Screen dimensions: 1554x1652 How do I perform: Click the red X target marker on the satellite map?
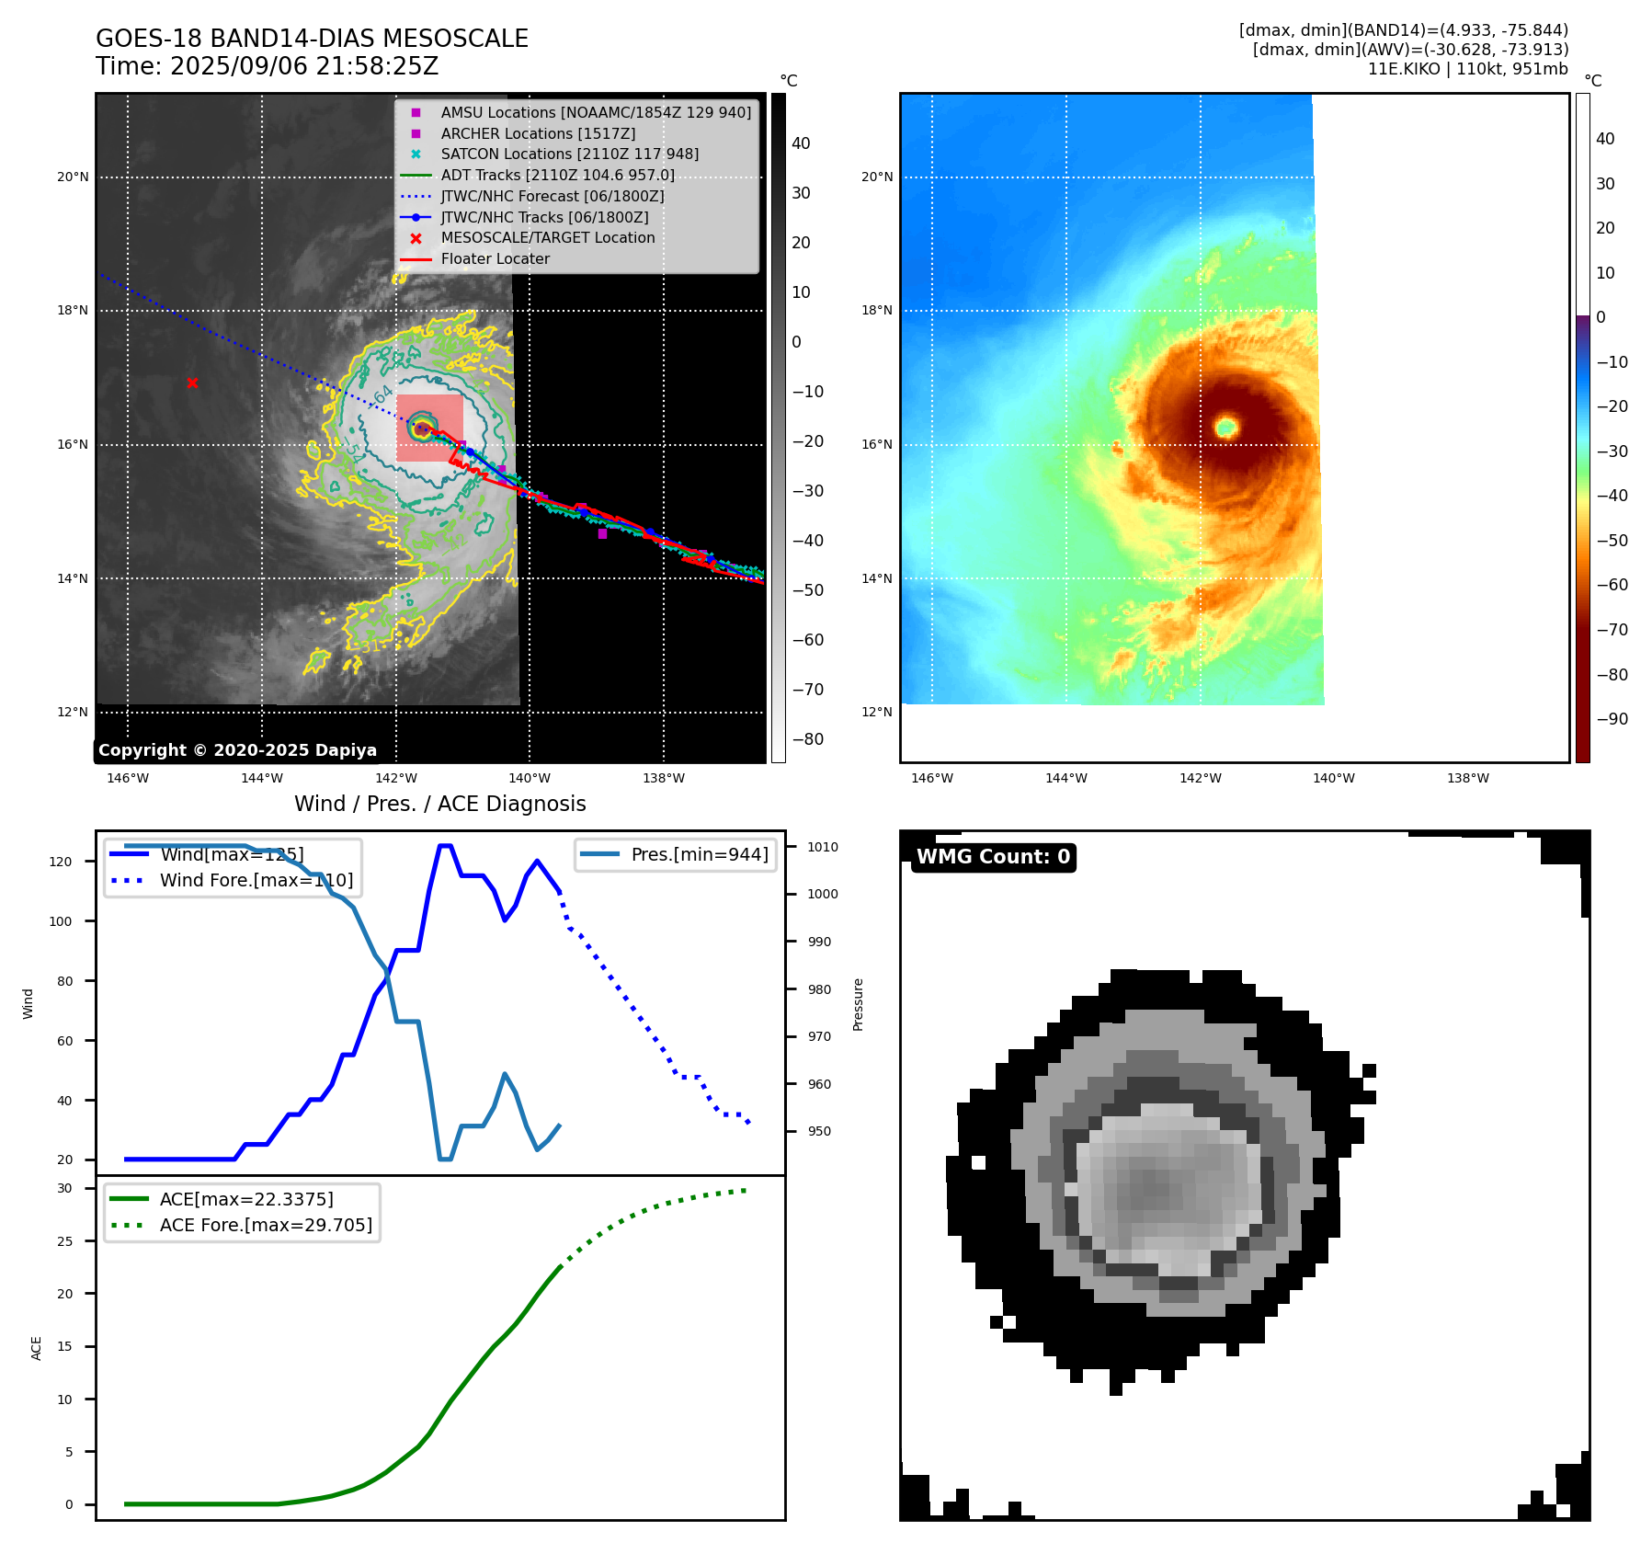pyautogui.click(x=192, y=383)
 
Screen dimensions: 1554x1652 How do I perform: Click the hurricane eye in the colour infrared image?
pyautogui.click(x=1226, y=427)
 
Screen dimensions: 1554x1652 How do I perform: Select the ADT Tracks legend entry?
pyautogui.click(x=557, y=175)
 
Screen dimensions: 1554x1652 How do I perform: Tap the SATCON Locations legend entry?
pyautogui.click(x=569, y=154)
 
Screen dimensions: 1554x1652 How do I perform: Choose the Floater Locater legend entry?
pyautogui.click(x=495, y=258)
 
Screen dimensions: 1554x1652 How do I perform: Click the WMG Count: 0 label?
pyautogui.click(x=993, y=857)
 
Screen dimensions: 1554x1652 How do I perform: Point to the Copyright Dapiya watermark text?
pyautogui.click(x=237, y=750)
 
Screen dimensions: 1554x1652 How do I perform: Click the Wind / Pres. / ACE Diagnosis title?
pyautogui.click(x=439, y=804)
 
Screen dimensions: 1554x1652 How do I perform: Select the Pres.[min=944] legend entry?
pyautogui.click(x=699, y=854)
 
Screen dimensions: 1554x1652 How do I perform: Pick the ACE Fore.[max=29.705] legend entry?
pyautogui.click(x=266, y=1225)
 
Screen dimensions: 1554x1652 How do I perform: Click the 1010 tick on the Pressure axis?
pyautogui.click(x=823, y=847)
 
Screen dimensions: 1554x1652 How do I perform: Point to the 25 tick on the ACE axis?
pyautogui.click(x=64, y=1241)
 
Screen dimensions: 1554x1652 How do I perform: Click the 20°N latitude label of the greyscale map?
pyautogui.click(x=73, y=177)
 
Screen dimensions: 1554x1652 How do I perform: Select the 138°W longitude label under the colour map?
pyautogui.click(x=1467, y=778)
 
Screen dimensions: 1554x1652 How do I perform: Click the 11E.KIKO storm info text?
pyautogui.click(x=1467, y=69)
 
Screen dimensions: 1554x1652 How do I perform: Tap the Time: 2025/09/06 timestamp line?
pyautogui.click(x=268, y=66)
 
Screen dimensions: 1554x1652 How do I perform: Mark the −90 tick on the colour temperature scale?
pyautogui.click(x=1612, y=719)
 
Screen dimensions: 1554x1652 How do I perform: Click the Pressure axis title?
pyautogui.click(x=858, y=1004)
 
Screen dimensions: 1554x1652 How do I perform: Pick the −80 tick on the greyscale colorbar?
pyautogui.click(x=808, y=739)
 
